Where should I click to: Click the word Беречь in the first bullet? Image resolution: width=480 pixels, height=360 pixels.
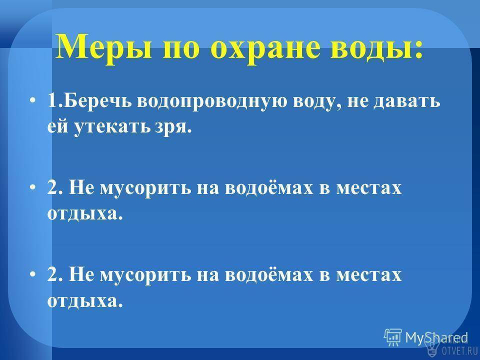(x=98, y=101)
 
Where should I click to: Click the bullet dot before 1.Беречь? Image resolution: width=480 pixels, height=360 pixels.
(x=33, y=100)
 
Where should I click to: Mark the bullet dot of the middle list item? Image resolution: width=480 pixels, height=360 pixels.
(x=33, y=187)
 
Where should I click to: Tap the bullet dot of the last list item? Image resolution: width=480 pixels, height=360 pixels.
(x=33, y=274)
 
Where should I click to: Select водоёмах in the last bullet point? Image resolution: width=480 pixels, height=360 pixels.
(x=269, y=273)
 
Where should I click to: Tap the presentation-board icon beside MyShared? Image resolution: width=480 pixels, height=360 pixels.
(x=393, y=337)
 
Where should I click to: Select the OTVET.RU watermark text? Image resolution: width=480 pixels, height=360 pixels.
(x=459, y=351)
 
